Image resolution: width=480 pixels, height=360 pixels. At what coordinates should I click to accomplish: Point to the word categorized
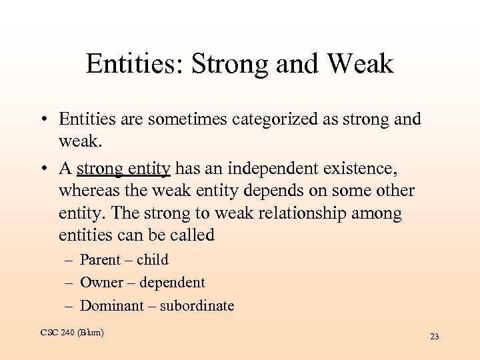tap(267, 119)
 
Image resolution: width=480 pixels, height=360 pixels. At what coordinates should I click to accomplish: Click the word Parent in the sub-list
tap(100, 260)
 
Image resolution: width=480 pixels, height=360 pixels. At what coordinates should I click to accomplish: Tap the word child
tap(153, 260)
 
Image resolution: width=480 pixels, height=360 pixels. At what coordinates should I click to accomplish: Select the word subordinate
tap(197, 306)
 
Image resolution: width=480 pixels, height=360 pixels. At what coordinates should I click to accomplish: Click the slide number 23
tap(434, 337)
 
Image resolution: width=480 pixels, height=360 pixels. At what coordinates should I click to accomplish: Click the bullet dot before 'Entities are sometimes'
tap(42, 120)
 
